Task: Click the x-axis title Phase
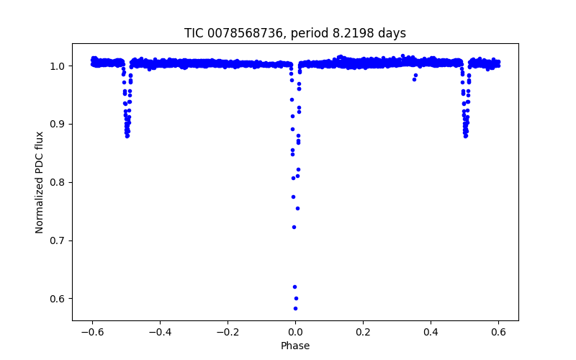(295, 346)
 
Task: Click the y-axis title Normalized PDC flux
(40, 181)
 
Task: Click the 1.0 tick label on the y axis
(58, 66)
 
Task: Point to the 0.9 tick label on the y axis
(58, 124)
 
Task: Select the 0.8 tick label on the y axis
(58, 182)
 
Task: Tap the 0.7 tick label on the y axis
(58, 240)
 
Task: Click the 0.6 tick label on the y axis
(58, 299)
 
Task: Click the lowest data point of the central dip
(295, 308)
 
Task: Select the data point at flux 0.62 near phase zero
(294, 287)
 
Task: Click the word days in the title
(392, 33)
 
